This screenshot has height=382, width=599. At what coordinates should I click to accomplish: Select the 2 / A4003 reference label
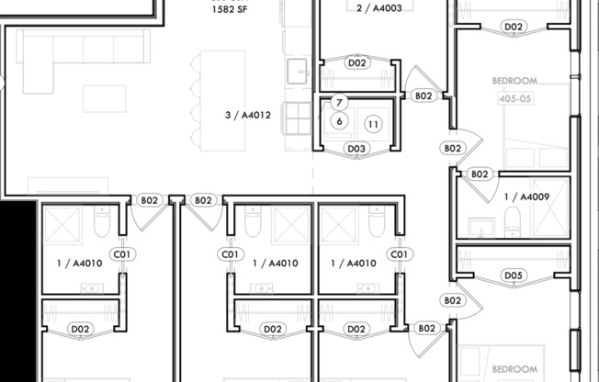pyautogui.click(x=379, y=7)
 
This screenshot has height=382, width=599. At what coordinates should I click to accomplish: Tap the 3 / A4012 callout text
pyautogui.click(x=247, y=116)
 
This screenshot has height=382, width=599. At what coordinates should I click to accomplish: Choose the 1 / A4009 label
pyautogui.click(x=526, y=196)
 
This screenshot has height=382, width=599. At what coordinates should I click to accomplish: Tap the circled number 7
pyautogui.click(x=339, y=103)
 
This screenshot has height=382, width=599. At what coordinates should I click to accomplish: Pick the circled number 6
pyautogui.click(x=339, y=121)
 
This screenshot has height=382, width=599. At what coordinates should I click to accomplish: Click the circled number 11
pyautogui.click(x=373, y=123)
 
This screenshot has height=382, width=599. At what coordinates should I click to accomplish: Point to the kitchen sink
pyautogui.click(x=297, y=70)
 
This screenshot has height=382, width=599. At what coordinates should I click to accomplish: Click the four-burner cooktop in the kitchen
pyautogui.click(x=298, y=117)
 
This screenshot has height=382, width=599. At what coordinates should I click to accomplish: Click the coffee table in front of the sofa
pyautogui.click(x=104, y=97)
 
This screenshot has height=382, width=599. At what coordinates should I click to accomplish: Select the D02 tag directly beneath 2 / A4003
pyautogui.click(x=357, y=63)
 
